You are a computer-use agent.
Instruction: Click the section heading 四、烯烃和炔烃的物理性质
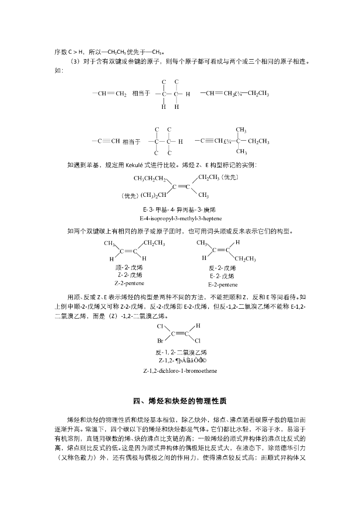(180, 401)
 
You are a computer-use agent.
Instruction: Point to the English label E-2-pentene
(221, 284)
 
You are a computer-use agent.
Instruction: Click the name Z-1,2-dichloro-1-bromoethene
(180, 371)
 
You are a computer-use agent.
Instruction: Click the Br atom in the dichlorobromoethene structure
(161, 341)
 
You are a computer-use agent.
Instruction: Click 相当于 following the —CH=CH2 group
(141, 93)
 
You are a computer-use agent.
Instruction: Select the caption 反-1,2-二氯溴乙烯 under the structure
(180, 352)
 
